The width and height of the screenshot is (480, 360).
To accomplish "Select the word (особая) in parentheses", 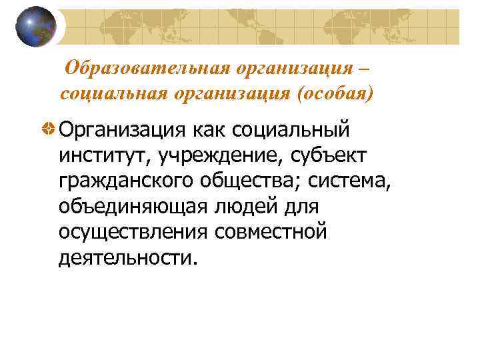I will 333,93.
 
